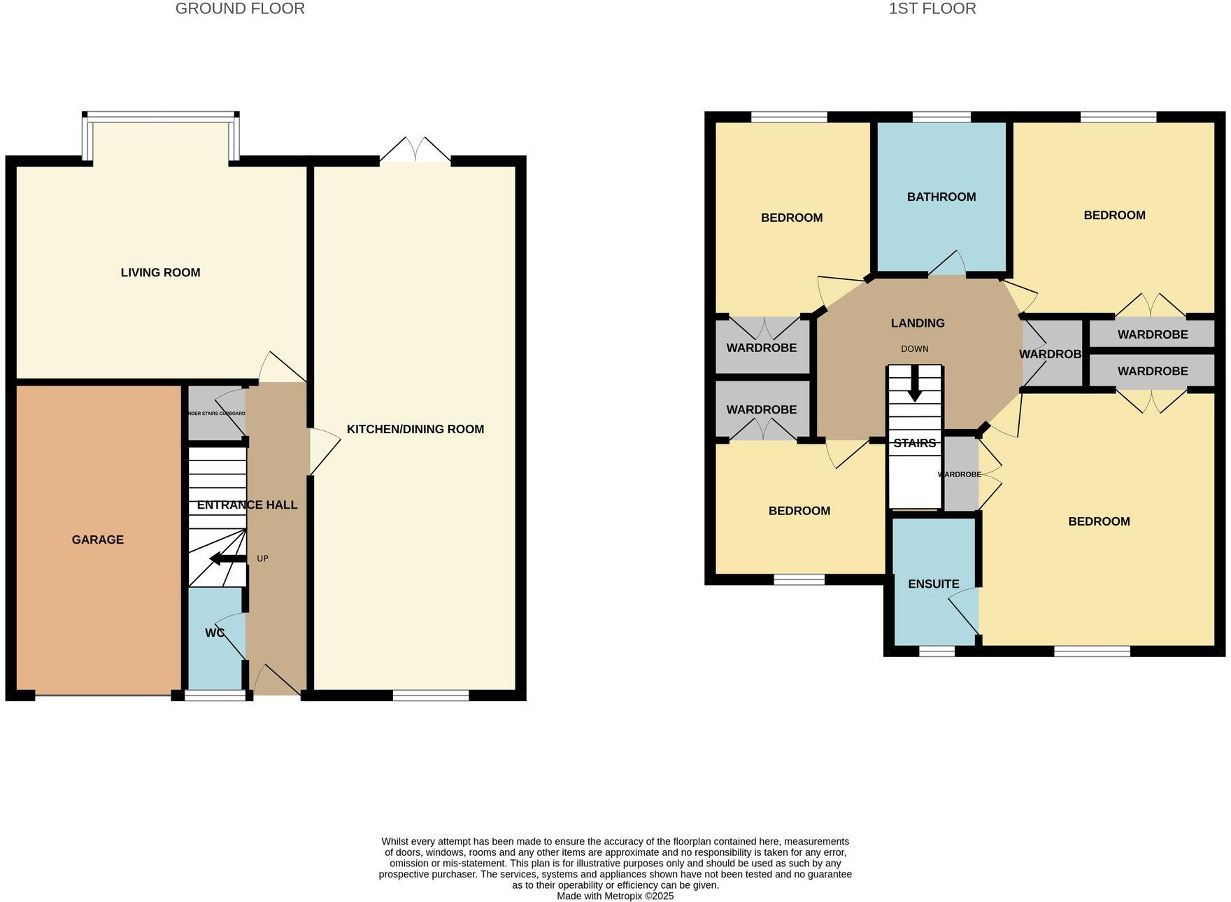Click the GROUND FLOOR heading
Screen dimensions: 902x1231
coord(240,9)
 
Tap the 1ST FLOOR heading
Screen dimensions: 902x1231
coord(932,9)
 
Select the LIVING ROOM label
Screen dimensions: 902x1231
coord(160,273)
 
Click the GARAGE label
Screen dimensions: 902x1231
coord(97,540)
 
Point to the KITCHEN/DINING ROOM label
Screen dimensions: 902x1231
coord(415,429)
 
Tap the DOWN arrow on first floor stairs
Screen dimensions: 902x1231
coord(914,388)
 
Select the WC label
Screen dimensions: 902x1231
coord(215,633)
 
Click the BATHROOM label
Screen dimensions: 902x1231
coord(941,197)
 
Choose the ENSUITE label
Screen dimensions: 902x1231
coord(933,584)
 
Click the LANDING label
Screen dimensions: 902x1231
coord(917,323)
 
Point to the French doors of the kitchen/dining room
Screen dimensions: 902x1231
coord(415,151)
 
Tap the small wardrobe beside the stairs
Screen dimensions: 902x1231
coord(960,474)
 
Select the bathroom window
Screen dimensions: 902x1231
coord(941,117)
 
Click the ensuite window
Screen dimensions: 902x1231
coord(936,651)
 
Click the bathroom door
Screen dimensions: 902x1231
coord(946,264)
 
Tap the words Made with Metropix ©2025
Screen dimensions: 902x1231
coord(615,896)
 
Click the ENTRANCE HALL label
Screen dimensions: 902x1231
coord(247,505)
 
